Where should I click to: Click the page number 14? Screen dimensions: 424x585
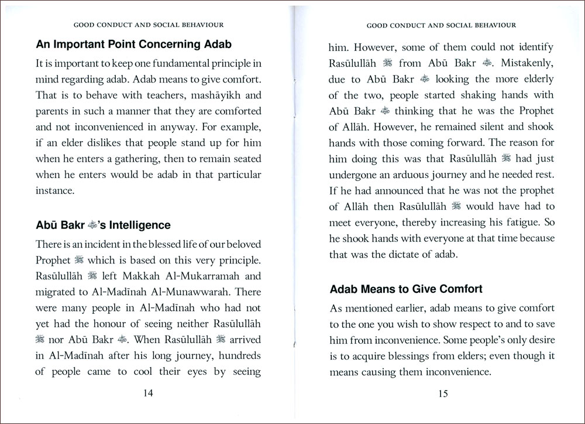148,393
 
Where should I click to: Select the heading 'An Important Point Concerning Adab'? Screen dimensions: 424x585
134,44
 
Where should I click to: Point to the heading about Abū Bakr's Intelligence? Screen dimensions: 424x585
104,225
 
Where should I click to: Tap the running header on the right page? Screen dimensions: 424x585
441,25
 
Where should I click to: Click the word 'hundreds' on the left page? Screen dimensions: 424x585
236,354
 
